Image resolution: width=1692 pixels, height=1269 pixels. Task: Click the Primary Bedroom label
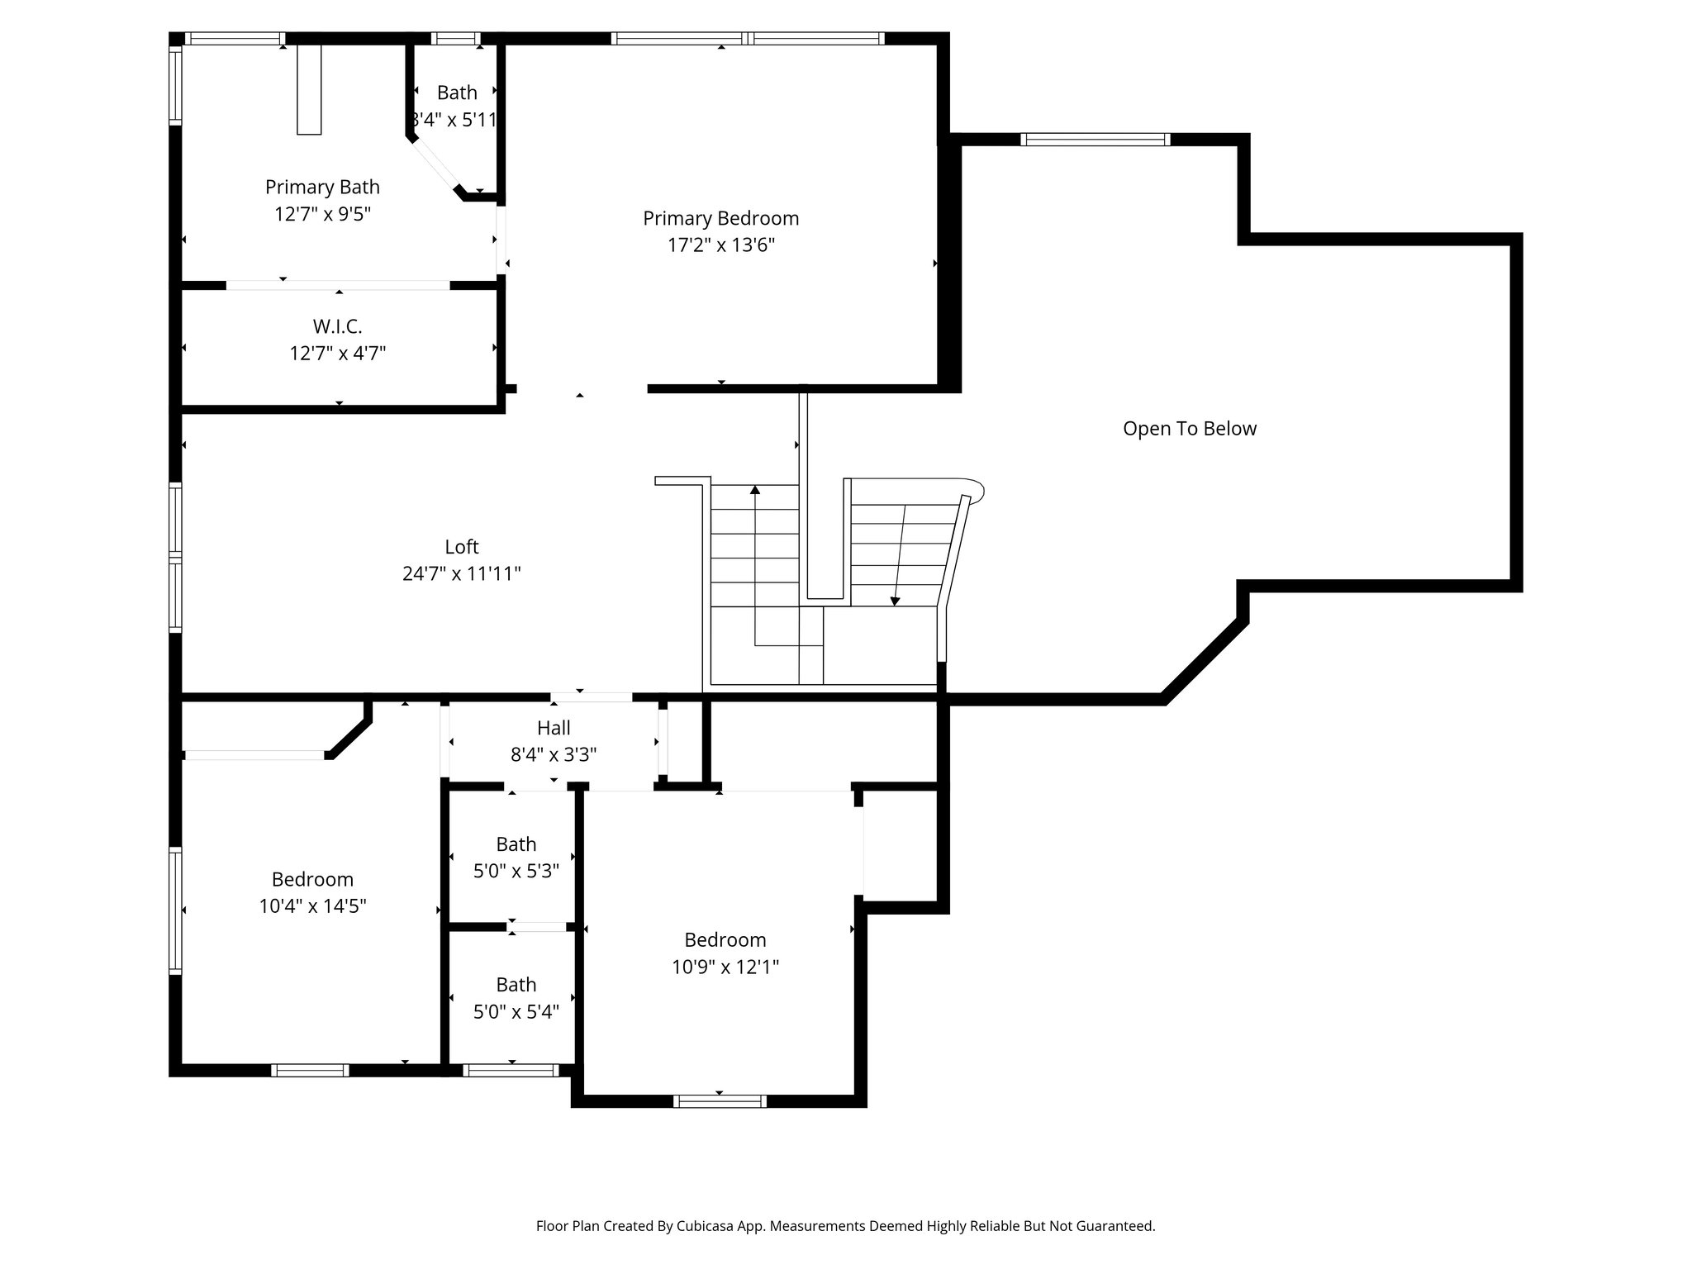pyautogui.click(x=720, y=218)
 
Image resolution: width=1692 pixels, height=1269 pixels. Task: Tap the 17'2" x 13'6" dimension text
pyautogui.click(x=720, y=245)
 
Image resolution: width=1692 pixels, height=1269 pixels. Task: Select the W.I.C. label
pyautogui.click(x=337, y=326)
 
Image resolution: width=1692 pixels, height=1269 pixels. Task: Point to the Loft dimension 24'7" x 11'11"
pyautogui.click(x=461, y=573)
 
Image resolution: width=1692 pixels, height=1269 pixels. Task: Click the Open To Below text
pyautogui.click(x=1189, y=429)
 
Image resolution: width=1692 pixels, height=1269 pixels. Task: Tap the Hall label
pyautogui.click(x=554, y=728)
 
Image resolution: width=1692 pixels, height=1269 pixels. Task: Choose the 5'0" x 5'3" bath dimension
pyautogui.click(x=516, y=871)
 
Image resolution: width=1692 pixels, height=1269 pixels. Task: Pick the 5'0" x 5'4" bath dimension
pyautogui.click(x=516, y=1011)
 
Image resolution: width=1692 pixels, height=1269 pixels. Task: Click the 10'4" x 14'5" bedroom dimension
pyautogui.click(x=312, y=906)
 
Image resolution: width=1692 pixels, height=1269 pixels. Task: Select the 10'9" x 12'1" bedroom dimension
pyautogui.click(x=725, y=967)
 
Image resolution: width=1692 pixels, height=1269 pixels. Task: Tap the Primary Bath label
pyautogui.click(x=322, y=187)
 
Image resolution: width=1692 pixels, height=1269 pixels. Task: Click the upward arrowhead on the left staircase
pyautogui.click(x=754, y=491)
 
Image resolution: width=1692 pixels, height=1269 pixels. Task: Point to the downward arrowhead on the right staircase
pyautogui.click(x=895, y=601)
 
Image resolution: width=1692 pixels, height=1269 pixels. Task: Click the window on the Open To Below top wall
pyautogui.click(x=1096, y=139)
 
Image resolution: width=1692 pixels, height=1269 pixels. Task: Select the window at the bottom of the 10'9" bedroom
pyautogui.click(x=720, y=1100)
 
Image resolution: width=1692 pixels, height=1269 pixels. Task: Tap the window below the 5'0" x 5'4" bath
pyautogui.click(x=511, y=1070)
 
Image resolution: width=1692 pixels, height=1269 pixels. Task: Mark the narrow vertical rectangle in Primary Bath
pyautogui.click(x=309, y=89)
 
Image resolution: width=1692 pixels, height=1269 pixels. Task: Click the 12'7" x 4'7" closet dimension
pyautogui.click(x=337, y=354)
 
